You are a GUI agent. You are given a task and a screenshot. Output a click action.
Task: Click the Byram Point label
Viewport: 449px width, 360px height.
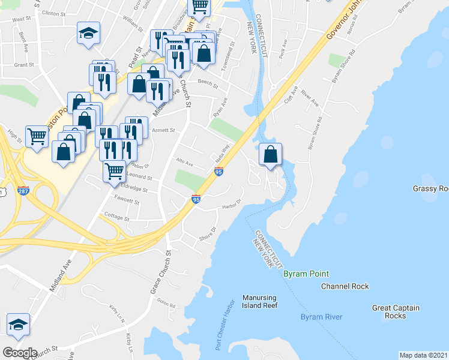click(306, 274)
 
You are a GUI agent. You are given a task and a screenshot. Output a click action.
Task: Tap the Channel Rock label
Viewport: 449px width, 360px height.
click(345, 286)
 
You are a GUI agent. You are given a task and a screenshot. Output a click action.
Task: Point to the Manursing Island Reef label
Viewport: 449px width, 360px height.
click(260, 301)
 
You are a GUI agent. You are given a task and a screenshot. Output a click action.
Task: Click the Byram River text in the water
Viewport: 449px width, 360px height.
click(321, 317)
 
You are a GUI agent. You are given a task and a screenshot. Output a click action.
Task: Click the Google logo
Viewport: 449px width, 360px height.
click(19, 352)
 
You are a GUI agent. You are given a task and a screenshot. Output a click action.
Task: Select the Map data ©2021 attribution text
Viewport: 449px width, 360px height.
click(424, 355)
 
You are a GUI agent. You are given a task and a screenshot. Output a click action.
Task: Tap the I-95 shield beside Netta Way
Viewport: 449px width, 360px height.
click(218, 172)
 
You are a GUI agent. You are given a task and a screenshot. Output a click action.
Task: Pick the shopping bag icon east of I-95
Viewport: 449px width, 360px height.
click(271, 154)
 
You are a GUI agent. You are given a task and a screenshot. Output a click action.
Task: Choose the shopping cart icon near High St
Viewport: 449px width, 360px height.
click(37, 136)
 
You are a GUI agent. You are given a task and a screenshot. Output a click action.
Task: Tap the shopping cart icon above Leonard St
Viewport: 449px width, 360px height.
click(113, 170)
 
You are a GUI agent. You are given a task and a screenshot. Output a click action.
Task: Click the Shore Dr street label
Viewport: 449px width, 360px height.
click(208, 232)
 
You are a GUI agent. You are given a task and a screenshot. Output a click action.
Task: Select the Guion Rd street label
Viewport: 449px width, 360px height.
click(168, 305)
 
